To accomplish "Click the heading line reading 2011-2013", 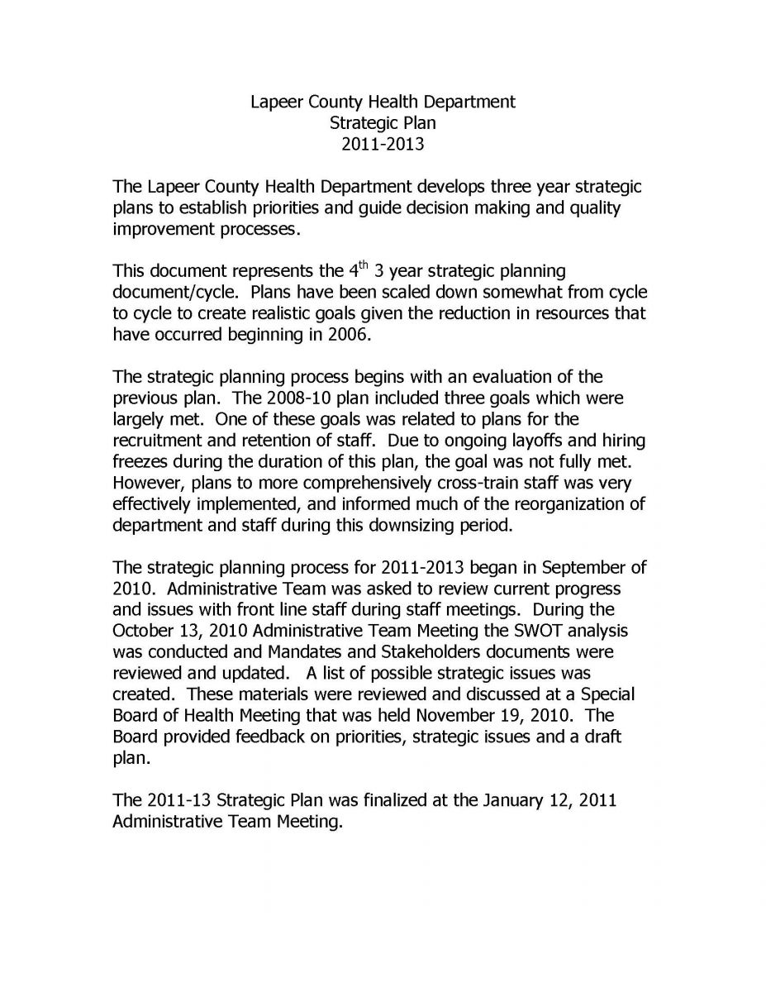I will coord(383,145).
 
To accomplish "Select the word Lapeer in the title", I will coord(275,102).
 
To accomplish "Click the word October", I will coord(144,631).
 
